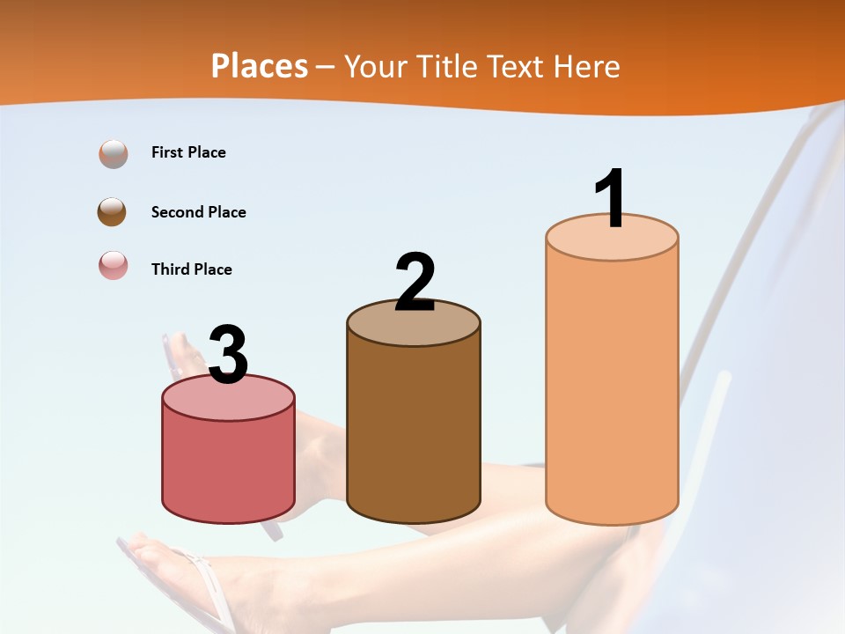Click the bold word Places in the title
pos(260,66)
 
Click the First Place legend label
pos(188,152)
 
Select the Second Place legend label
pos(198,212)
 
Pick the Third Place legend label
pos(191,269)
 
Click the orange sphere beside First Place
pos(113,154)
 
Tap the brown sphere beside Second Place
pos(113,212)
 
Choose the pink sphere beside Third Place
pos(113,265)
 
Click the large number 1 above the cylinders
pos(610,200)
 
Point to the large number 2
pos(415,283)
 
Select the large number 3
pos(228,356)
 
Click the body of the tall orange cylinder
pos(612,387)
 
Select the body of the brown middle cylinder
pos(414,431)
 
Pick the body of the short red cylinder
pos(228,467)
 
